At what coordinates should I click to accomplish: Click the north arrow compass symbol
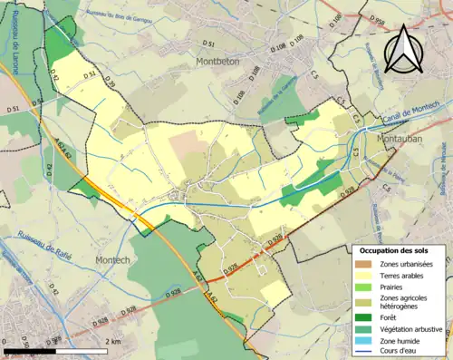point(400,49)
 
